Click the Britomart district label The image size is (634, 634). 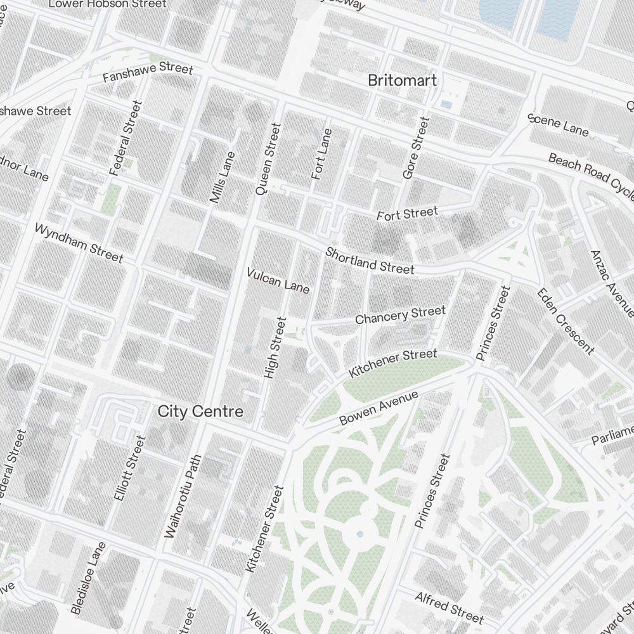pos(403,81)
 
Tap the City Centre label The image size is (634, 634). pos(200,411)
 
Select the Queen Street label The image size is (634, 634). pos(268,158)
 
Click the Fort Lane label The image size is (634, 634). pos(322,154)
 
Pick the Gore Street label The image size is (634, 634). pos(417,147)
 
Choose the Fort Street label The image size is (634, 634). pos(407,214)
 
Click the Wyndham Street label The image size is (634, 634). pos(79,242)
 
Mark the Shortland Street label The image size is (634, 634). pos(370,261)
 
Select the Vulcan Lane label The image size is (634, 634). pos(278,280)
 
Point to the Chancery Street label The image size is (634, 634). pos(400,315)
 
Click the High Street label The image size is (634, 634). pos(275,348)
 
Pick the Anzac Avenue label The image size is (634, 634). pos(611,283)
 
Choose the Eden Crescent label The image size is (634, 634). pos(566,321)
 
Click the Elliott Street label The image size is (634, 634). pos(130,468)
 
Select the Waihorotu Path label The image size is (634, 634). pos(182,496)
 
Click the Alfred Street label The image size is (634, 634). pos(450,607)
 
